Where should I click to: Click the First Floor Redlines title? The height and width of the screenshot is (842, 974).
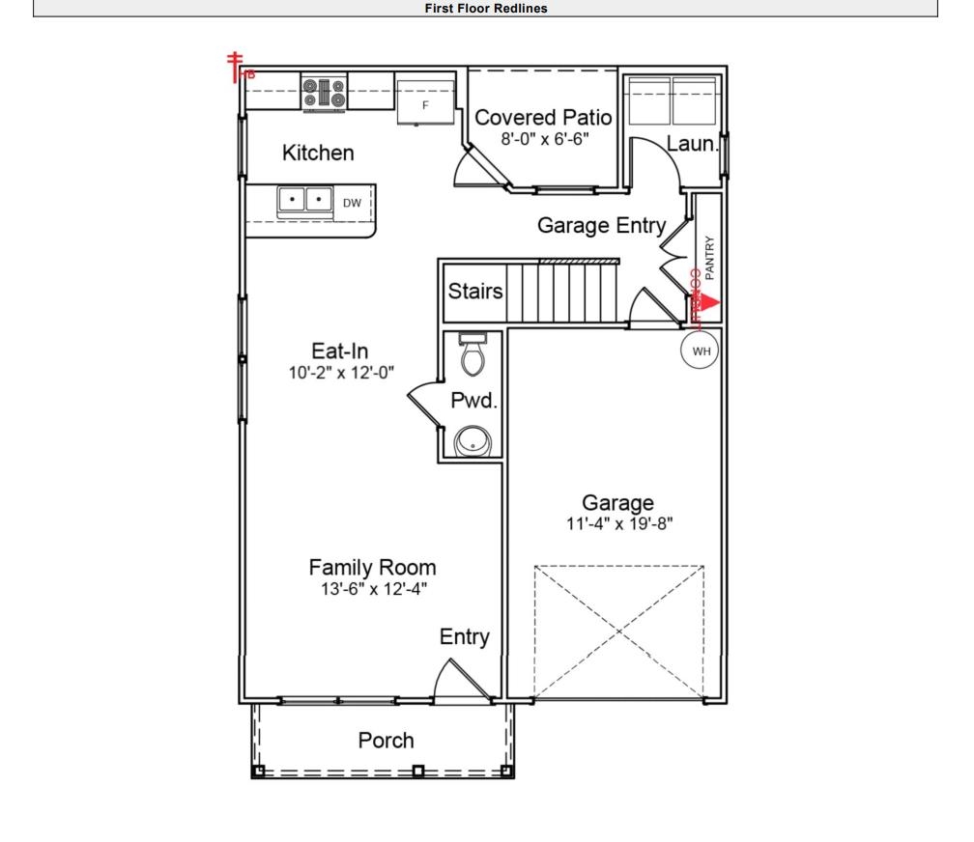tap(486, 9)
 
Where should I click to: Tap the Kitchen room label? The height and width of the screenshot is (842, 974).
tap(318, 153)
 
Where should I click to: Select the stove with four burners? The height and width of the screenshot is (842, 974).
tap(324, 93)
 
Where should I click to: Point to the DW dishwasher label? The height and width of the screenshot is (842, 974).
tap(352, 203)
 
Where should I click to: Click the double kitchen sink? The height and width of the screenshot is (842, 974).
tap(305, 200)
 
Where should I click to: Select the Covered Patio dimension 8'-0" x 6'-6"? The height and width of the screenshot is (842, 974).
tap(544, 139)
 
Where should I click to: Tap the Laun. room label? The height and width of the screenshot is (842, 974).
tap(692, 146)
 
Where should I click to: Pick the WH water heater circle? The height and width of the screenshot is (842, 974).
tap(701, 351)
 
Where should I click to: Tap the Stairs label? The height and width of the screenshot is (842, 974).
tap(475, 292)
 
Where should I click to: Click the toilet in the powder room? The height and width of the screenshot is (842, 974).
tap(473, 355)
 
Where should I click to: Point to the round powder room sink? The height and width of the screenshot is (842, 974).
tap(473, 441)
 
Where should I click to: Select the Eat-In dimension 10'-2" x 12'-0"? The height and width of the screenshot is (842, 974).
tap(339, 372)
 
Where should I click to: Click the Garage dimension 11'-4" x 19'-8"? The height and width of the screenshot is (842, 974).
tap(617, 524)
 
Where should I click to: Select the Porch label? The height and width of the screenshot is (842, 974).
tap(386, 741)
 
